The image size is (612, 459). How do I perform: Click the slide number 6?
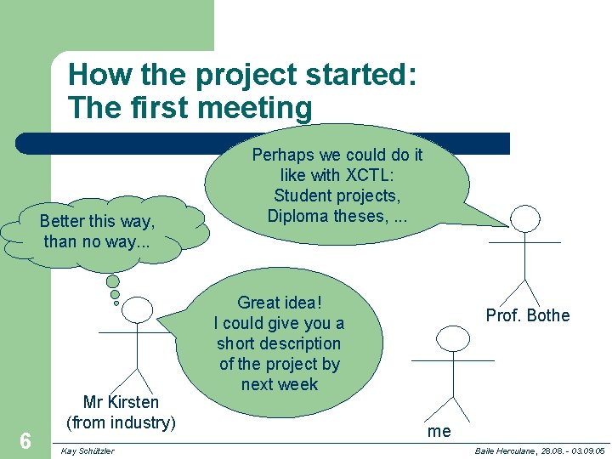25,440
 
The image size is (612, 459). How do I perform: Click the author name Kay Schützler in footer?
88,450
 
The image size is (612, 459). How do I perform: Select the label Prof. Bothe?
527,316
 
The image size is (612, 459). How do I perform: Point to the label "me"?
439,431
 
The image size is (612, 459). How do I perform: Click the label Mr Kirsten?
121,402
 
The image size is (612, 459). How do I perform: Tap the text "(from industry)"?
121,422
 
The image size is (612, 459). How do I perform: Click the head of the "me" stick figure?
453,339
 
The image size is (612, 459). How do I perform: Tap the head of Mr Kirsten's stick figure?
138,311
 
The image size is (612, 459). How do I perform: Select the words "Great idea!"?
280,303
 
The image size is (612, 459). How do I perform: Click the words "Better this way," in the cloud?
97,222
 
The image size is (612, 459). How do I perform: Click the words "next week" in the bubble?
280,384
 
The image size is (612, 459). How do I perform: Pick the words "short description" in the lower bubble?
279,343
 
